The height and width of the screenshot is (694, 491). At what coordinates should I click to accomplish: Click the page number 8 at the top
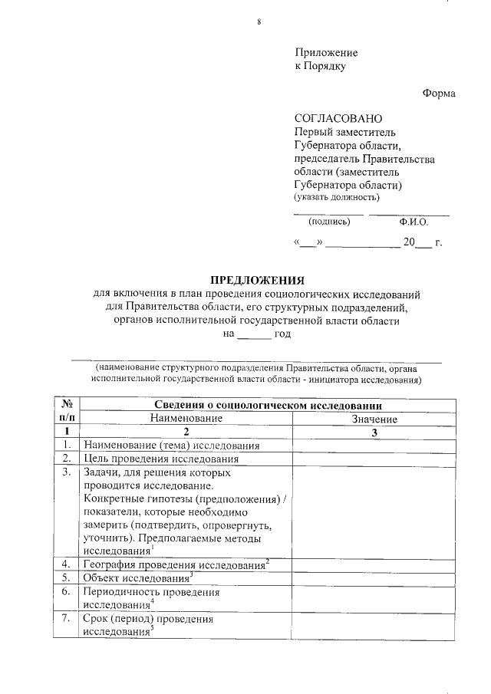pyautogui.click(x=259, y=21)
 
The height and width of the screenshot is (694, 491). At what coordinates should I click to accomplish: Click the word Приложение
pyautogui.click(x=326, y=52)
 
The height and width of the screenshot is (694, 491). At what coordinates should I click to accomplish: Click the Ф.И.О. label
pyautogui.click(x=414, y=222)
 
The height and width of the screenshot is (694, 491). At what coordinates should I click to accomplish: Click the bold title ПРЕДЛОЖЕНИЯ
pyautogui.click(x=258, y=280)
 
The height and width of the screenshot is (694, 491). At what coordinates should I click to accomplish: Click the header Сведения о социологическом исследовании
pyautogui.click(x=269, y=405)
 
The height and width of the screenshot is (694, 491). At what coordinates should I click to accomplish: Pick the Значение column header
pyautogui.click(x=374, y=419)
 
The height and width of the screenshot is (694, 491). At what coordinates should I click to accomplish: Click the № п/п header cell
pyautogui.click(x=67, y=411)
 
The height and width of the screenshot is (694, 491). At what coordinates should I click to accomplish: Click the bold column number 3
pyautogui.click(x=374, y=433)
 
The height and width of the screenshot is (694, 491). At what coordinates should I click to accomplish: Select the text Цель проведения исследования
pyautogui.click(x=161, y=459)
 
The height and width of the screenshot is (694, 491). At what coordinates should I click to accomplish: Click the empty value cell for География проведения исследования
pyautogui.click(x=374, y=565)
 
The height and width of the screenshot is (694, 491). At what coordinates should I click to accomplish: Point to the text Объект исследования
pyautogui.click(x=137, y=578)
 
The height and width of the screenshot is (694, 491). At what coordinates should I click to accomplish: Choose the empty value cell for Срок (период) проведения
pyautogui.click(x=374, y=626)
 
